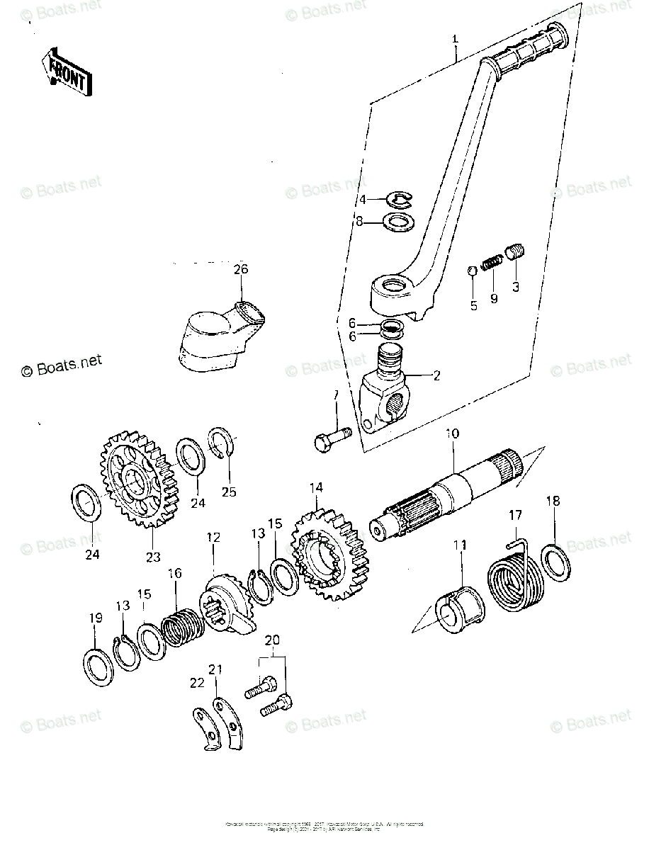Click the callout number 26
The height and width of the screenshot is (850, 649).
tap(241, 269)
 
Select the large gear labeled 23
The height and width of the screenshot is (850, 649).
tap(137, 482)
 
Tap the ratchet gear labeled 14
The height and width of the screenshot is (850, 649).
tap(330, 555)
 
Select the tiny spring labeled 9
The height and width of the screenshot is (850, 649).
tap(491, 263)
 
